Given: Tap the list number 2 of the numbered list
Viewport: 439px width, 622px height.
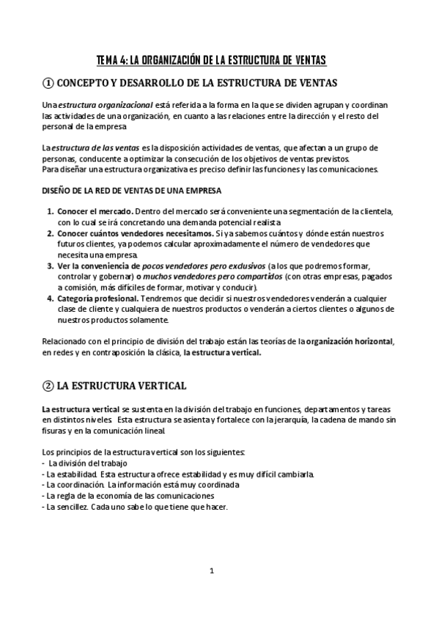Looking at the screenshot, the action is [50, 234].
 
